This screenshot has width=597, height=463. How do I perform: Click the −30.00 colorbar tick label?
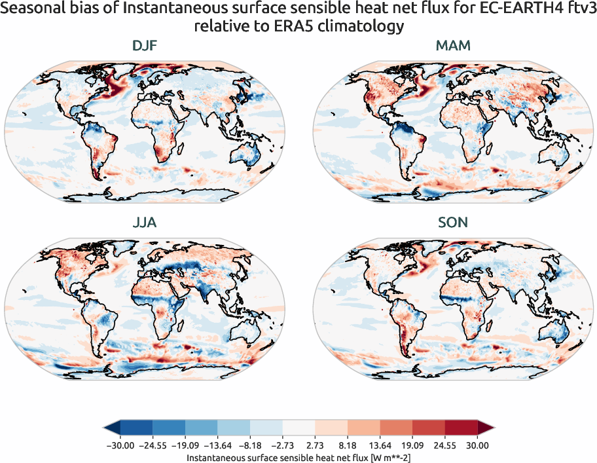point(120,445)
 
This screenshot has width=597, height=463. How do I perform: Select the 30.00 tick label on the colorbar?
point(477,445)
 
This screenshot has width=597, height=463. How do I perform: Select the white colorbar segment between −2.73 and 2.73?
point(298,428)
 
